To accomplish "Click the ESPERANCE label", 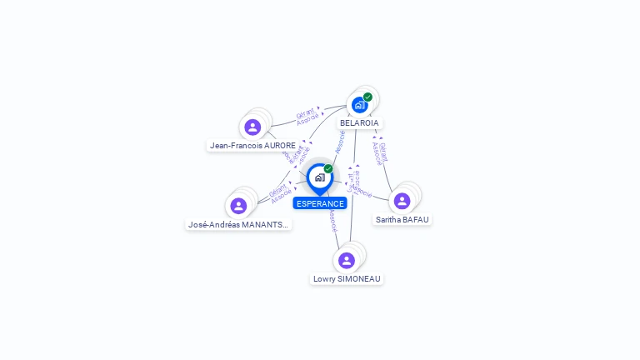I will [320, 203].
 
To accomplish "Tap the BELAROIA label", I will [359, 122].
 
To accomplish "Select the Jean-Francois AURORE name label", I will [252, 145].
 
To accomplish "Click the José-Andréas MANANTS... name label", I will [238, 224].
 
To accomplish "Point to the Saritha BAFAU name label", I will [402, 219].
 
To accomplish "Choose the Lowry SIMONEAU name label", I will [347, 278].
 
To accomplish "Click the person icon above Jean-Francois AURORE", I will [252, 127].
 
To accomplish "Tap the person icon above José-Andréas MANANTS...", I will [238, 206].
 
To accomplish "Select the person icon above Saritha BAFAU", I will [402, 201].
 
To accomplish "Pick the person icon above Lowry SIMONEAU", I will [347, 260].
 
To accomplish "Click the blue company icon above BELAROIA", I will [359, 105].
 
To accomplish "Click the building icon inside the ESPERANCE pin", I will [319, 177].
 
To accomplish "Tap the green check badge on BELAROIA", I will [367, 97].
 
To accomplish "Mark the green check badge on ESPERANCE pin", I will [328, 168].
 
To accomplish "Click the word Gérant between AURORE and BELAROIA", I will [305, 112].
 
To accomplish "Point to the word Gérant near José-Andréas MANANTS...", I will [277, 191].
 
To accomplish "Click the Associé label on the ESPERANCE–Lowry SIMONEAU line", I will [332, 220].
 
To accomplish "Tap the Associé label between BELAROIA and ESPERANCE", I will [340, 142].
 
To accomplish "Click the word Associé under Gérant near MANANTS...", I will [281, 198].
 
